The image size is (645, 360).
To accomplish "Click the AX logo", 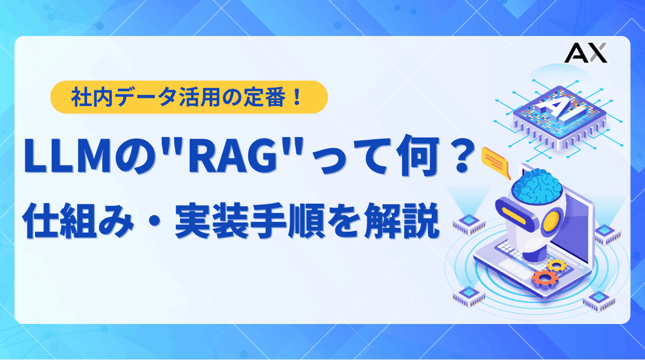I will click(586, 53).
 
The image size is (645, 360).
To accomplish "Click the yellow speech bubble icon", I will click(496, 161).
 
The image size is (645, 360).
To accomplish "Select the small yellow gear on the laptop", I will click(556, 265).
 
